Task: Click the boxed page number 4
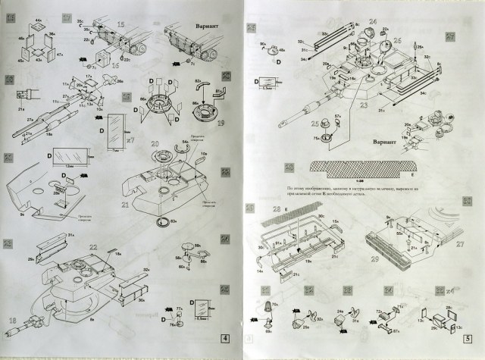(x=224, y=337)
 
